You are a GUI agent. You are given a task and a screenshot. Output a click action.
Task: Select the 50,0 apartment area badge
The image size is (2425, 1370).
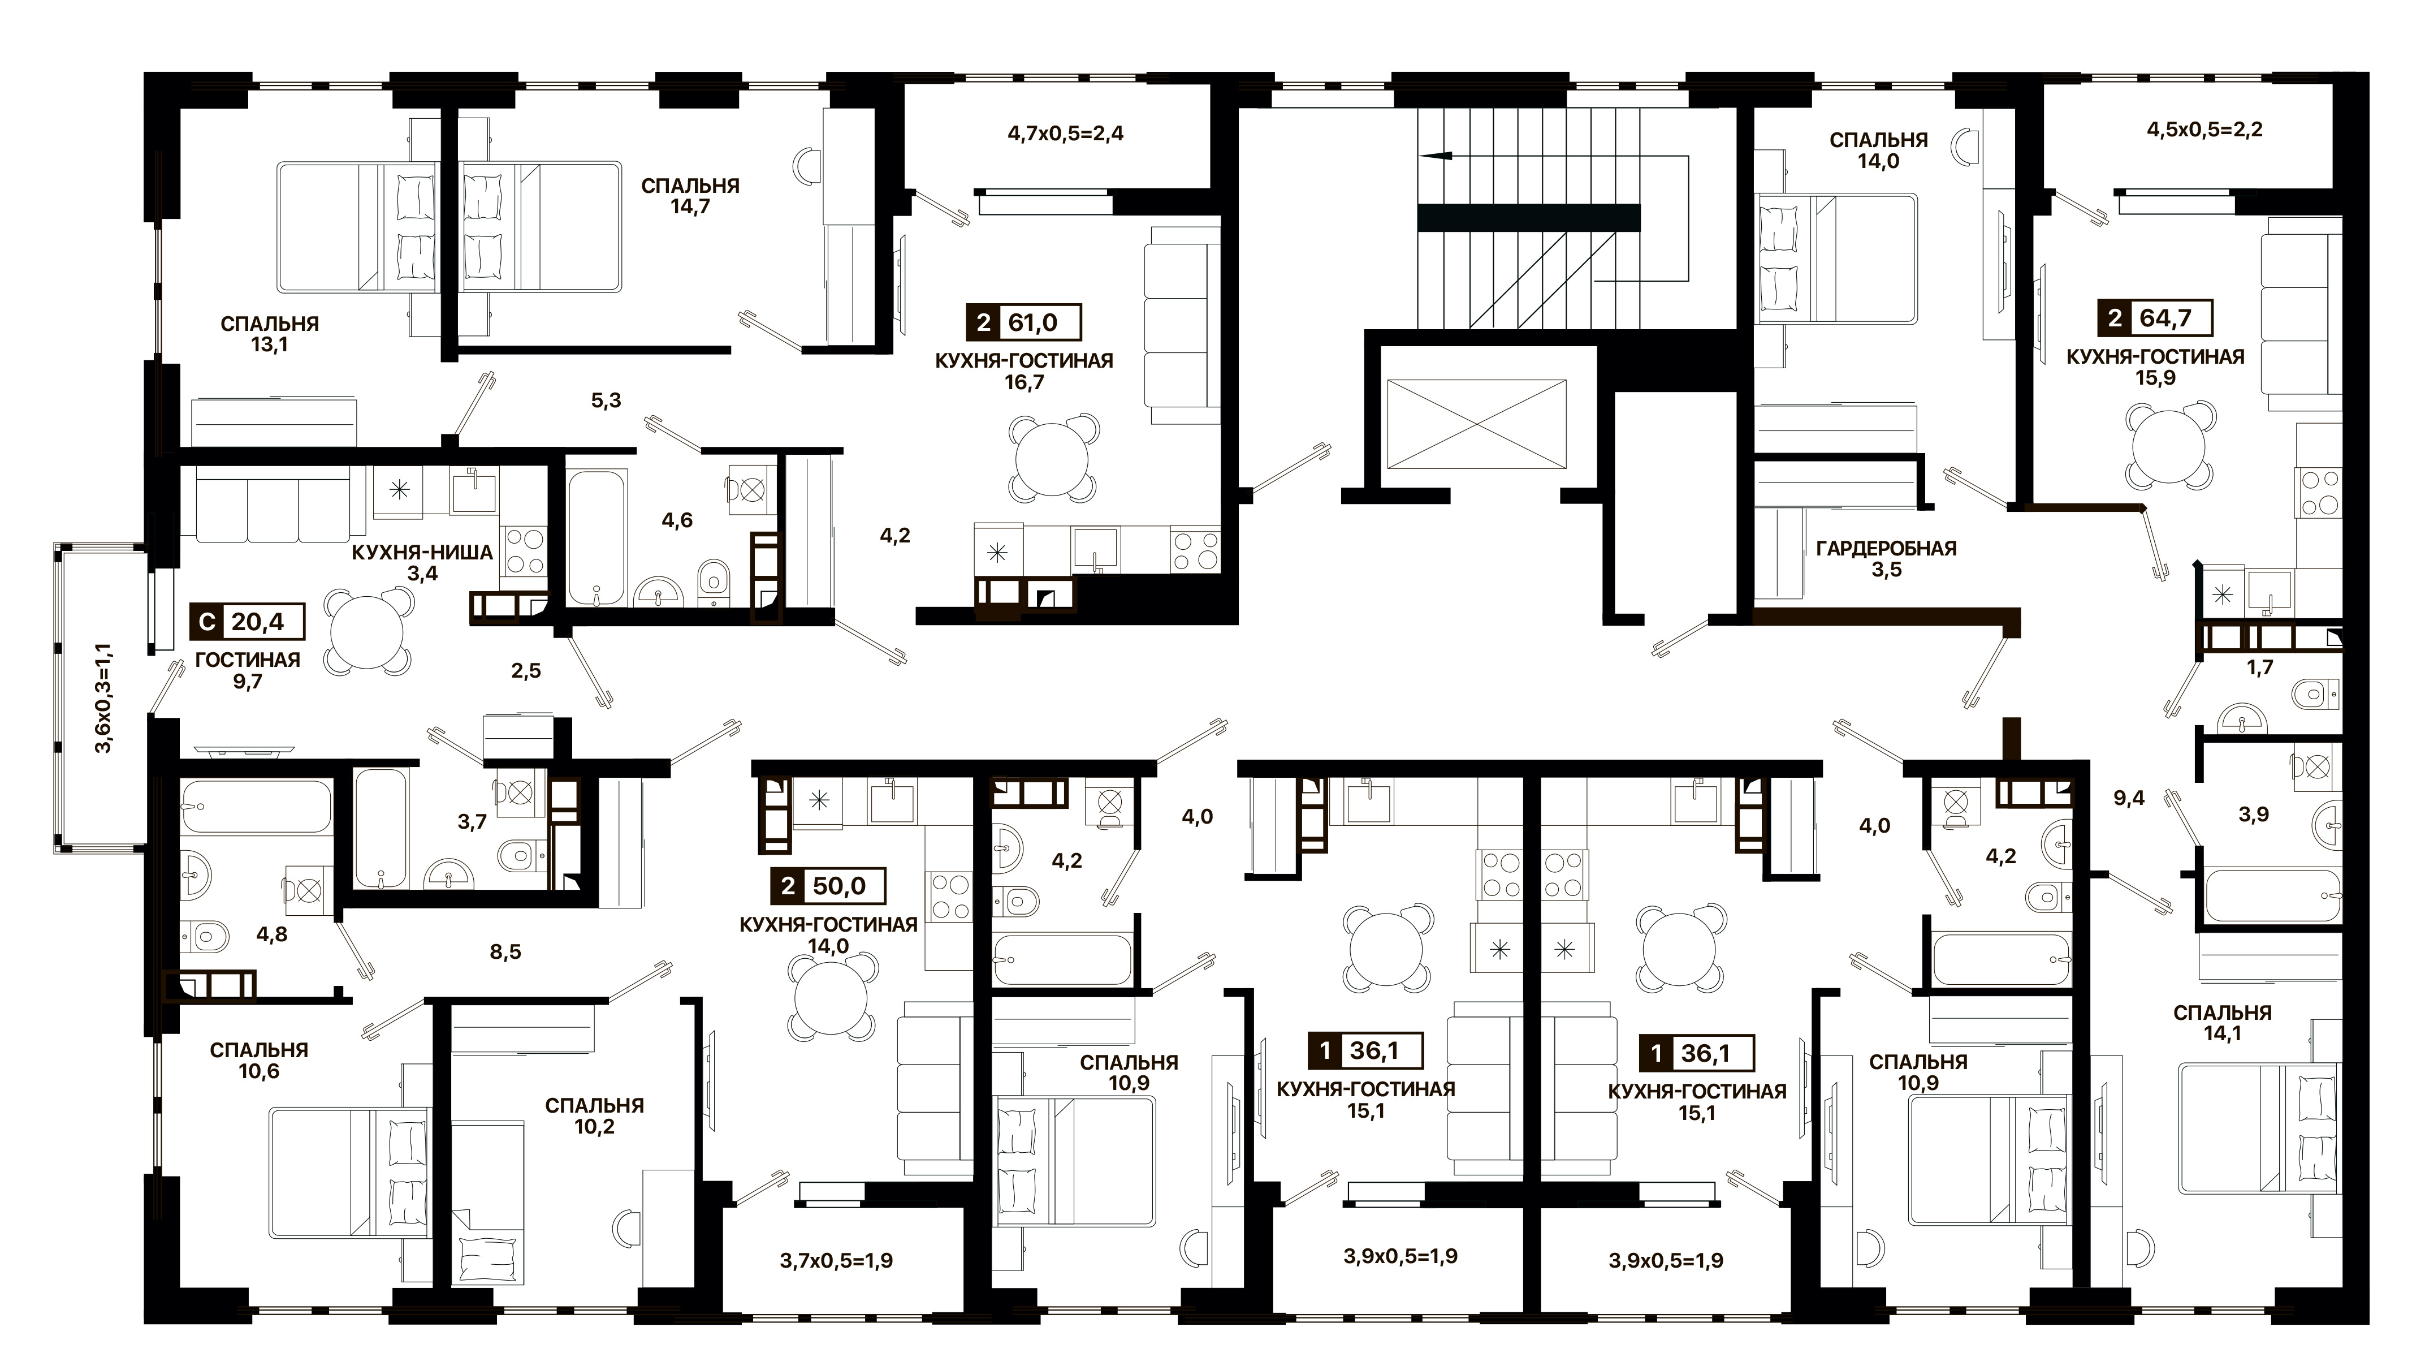828,886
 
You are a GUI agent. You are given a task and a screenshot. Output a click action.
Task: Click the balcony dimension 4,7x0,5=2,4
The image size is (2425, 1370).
1066,133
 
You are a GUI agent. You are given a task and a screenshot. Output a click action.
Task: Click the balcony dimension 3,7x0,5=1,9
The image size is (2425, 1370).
836,1260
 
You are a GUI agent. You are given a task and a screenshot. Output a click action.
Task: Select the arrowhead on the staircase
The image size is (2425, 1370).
1432,157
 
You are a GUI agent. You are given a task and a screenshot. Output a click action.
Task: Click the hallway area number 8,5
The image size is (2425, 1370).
505,952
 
